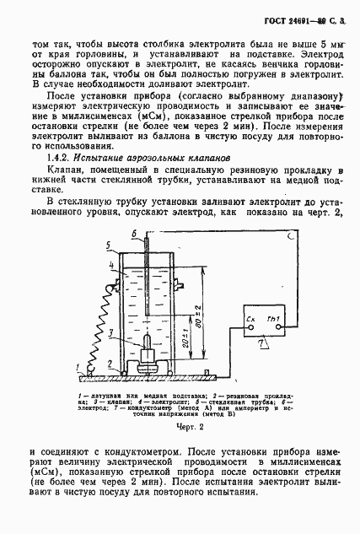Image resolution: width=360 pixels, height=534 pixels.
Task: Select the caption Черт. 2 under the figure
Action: (x=180, y=428)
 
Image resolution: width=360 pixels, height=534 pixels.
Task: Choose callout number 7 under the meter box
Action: (x=262, y=345)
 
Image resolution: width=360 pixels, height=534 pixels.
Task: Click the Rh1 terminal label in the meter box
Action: (x=271, y=318)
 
